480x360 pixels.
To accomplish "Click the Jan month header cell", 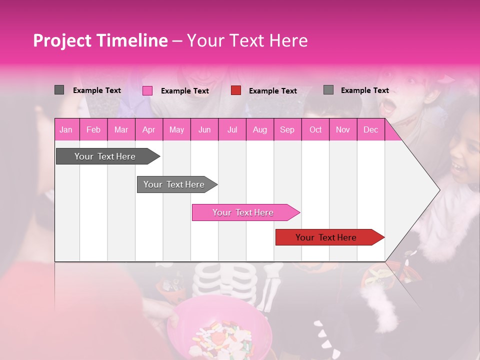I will click(x=66, y=129).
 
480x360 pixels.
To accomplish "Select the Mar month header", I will click(x=121, y=129).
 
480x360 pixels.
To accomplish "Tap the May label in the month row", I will click(x=176, y=129).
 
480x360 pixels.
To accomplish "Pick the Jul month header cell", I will click(x=232, y=129).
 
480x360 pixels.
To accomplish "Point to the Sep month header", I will click(x=287, y=129).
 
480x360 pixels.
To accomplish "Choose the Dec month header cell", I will click(x=370, y=129).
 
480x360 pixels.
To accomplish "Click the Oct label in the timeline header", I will click(x=315, y=129).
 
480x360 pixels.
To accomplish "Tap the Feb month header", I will click(x=93, y=129).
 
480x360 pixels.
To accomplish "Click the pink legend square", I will click(x=147, y=90).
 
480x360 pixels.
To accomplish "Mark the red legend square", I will click(x=236, y=90).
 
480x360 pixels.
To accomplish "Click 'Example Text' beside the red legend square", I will click(x=272, y=91).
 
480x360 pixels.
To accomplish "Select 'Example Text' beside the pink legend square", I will click(x=184, y=91).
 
